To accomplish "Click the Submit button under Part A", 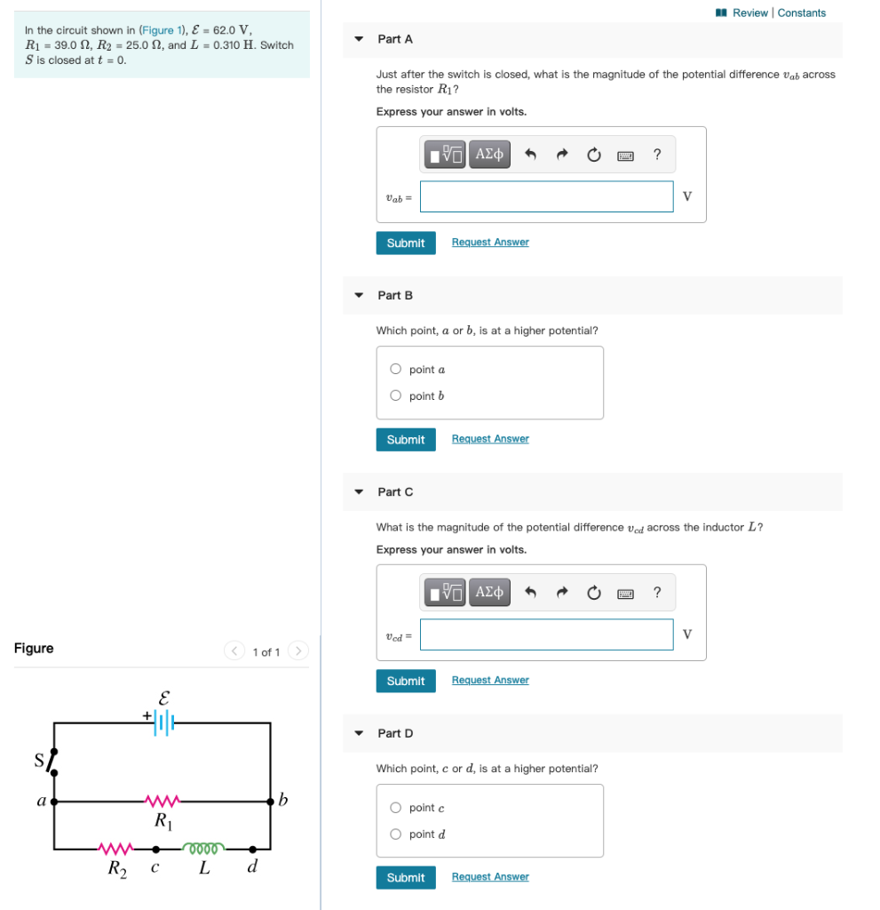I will click(x=406, y=243).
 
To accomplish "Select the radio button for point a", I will click(x=396, y=370).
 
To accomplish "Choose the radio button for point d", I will click(x=396, y=834).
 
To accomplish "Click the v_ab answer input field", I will click(x=546, y=196).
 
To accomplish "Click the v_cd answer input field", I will click(x=546, y=635).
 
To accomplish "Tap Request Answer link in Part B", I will click(x=490, y=439).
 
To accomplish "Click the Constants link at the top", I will click(x=802, y=12).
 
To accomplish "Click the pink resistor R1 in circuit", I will click(x=163, y=801).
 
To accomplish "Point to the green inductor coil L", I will click(x=204, y=848).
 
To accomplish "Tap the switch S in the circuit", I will click(x=53, y=761).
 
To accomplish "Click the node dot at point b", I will click(x=271, y=801).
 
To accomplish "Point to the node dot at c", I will click(x=155, y=849).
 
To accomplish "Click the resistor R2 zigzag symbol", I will click(x=116, y=848).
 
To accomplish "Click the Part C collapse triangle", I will click(x=359, y=491).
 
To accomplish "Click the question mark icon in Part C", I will click(x=657, y=593).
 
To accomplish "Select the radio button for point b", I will click(x=396, y=396).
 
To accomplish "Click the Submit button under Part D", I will click(x=406, y=877).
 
